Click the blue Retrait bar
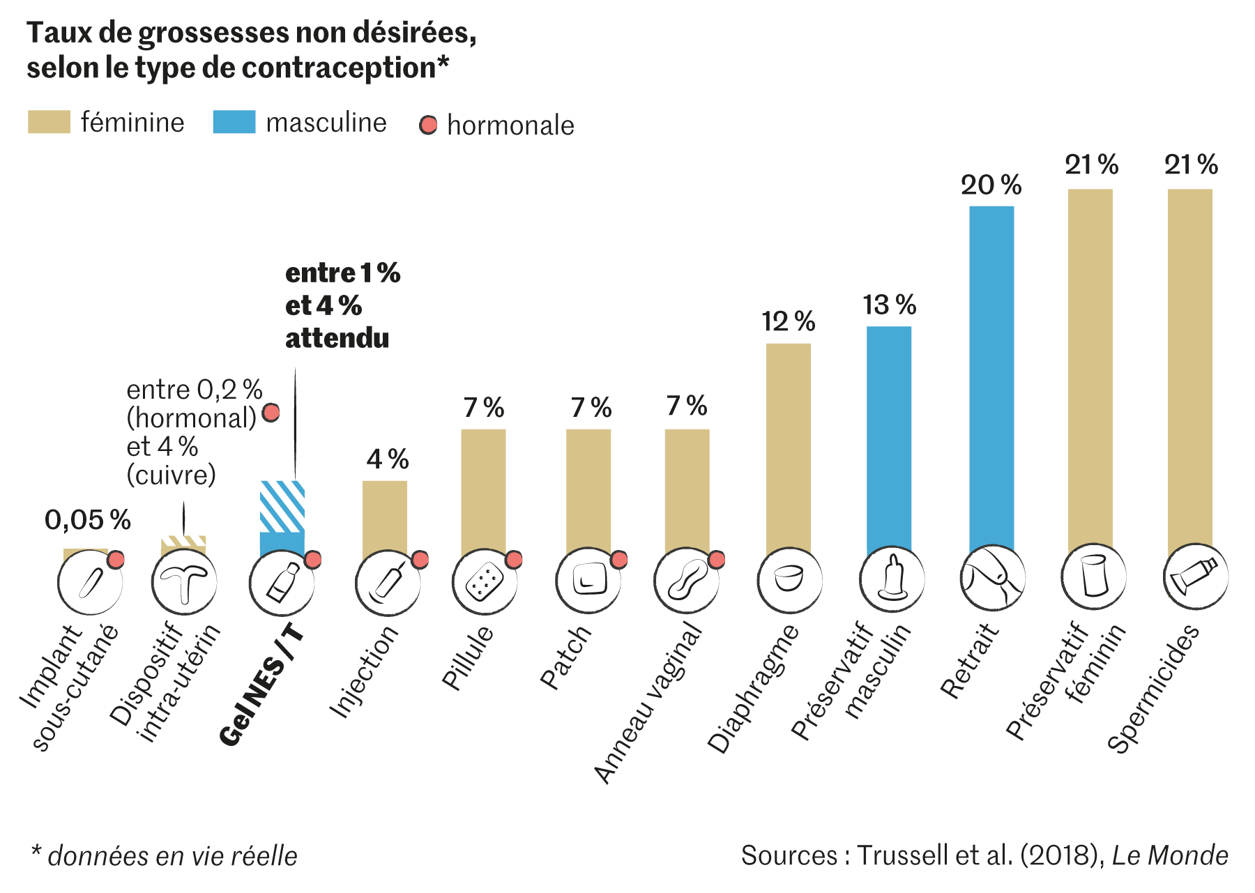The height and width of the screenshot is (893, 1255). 991,376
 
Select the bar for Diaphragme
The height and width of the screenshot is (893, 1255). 788,446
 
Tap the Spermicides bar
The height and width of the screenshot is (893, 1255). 1189,369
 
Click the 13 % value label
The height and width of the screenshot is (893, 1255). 889,305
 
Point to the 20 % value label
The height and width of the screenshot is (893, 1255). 991,185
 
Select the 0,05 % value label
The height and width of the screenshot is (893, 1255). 88,520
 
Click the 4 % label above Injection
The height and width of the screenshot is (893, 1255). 388,459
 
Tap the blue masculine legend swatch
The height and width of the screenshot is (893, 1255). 234,122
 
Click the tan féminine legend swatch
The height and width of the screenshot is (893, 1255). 49,122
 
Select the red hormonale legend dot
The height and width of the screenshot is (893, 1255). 428,125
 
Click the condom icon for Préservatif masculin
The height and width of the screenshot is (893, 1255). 892,579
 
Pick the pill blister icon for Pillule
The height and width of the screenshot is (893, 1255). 485,581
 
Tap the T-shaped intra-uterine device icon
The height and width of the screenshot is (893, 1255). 184,581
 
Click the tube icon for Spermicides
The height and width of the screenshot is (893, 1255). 1195,577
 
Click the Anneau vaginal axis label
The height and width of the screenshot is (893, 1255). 648,704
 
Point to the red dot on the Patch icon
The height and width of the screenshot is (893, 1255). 618,560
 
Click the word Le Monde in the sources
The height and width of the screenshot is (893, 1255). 1169,855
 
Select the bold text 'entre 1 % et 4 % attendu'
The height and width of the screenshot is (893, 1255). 342,306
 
